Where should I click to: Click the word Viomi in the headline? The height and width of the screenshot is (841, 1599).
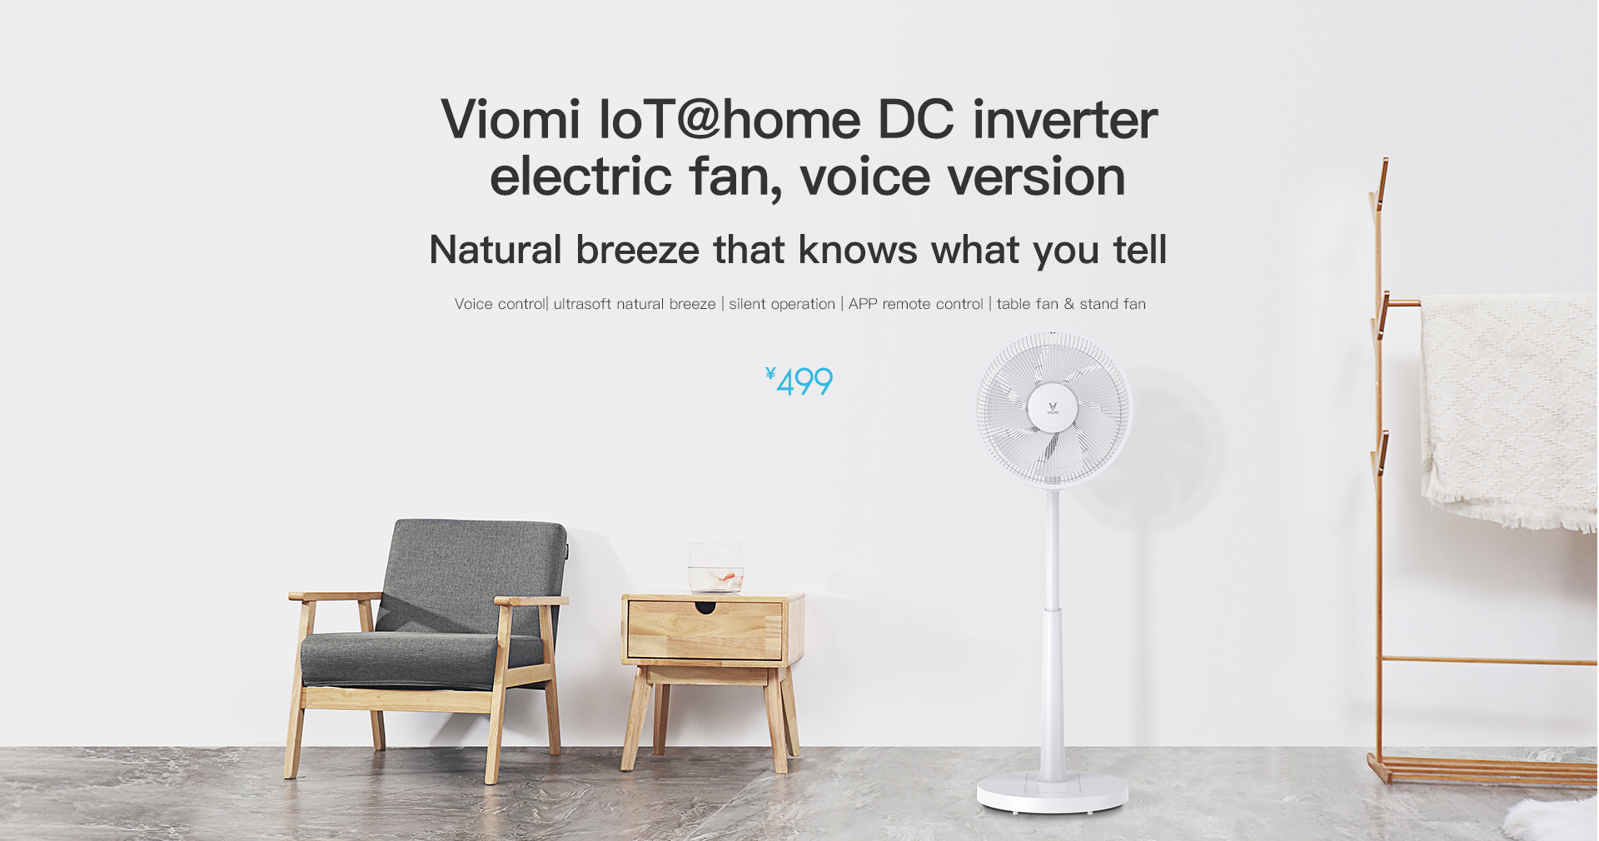click(x=511, y=119)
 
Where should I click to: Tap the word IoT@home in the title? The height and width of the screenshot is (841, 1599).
click(x=730, y=119)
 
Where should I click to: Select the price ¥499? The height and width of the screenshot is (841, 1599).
click(x=799, y=381)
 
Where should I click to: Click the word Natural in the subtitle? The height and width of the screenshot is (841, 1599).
click(x=496, y=250)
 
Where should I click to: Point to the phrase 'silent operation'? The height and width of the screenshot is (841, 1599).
click(x=782, y=304)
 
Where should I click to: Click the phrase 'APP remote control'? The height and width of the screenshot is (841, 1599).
click(x=916, y=304)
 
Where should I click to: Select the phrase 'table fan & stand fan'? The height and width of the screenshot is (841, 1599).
click(x=1071, y=304)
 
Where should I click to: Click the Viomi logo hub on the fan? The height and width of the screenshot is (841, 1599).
click(x=1053, y=408)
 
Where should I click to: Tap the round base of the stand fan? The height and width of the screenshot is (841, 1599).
click(x=1052, y=794)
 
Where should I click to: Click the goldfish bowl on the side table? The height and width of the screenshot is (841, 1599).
click(x=715, y=568)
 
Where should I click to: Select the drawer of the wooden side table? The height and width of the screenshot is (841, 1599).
click(x=705, y=630)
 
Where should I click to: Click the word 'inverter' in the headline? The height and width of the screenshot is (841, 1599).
click(x=1065, y=119)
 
